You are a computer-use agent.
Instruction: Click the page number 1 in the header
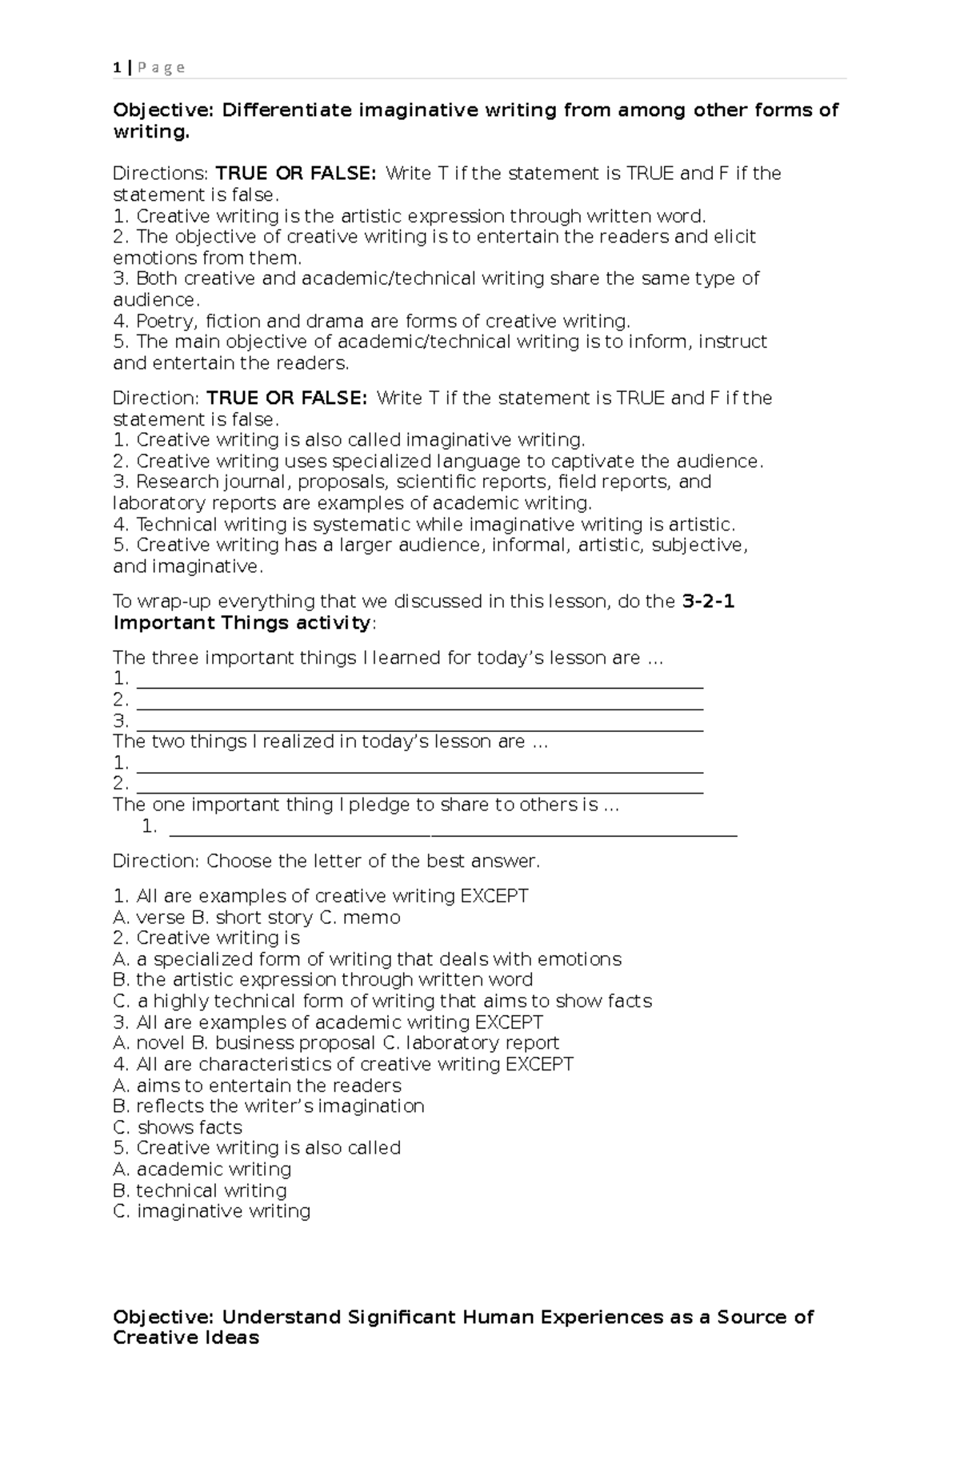[x=118, y=68]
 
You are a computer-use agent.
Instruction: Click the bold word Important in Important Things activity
[x=158, y=623]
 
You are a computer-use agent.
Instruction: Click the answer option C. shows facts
[x=178, y=1127]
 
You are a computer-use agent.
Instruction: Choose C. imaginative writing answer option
[x=212, y=1211]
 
